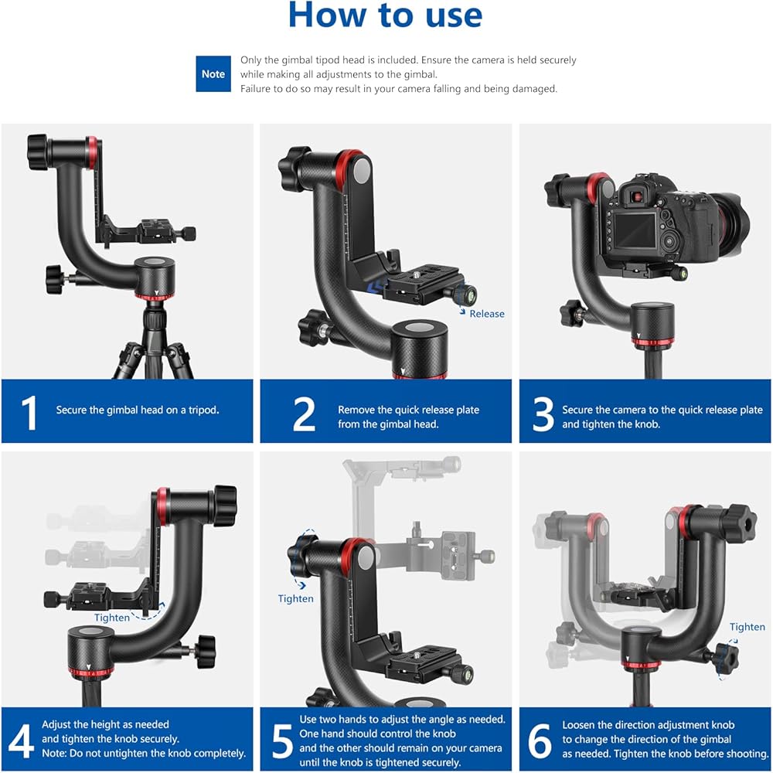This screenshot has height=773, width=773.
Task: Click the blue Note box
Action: (x=213, y=74)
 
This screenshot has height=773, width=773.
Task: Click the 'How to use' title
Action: (x=385, y=15)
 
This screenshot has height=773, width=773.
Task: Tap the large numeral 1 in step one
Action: (x=29, y=413)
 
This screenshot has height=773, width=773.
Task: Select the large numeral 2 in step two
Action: (x=304, y=414)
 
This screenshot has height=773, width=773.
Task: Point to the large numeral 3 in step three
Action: (x=543, y=414)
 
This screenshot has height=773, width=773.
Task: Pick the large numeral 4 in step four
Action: (x=22, y=741)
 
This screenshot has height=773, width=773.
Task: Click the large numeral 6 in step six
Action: (x=540, y=741)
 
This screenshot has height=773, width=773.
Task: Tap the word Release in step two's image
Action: (x=486, y=314)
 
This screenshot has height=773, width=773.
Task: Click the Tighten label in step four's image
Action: (x=112, y=618)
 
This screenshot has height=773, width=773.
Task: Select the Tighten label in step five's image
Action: (x=295, y=599)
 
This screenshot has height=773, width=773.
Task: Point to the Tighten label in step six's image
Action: (x=747, y=627)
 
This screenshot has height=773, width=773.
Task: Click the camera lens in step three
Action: (x=732, y=222)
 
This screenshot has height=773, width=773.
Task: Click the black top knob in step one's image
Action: (x=37, y=152)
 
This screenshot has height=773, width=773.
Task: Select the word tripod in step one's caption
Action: (x=203, y=410)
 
